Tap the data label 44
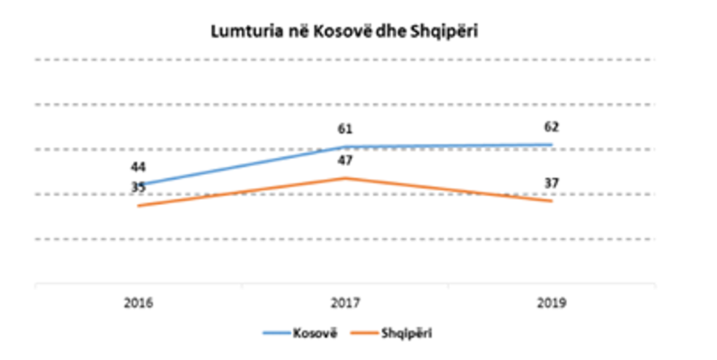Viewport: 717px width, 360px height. [x=138, y=168]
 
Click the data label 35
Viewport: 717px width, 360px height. [x=138, y=187]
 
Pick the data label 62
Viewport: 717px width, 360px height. [x=552, y=127]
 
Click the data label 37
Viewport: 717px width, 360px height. [x=552, y=183]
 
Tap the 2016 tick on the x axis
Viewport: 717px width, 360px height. [x=138, y=302]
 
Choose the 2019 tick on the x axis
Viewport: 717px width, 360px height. [x=552, y=302]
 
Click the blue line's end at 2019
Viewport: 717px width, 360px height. [x=552, y=145]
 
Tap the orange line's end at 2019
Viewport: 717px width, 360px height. [x=552, y=200]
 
